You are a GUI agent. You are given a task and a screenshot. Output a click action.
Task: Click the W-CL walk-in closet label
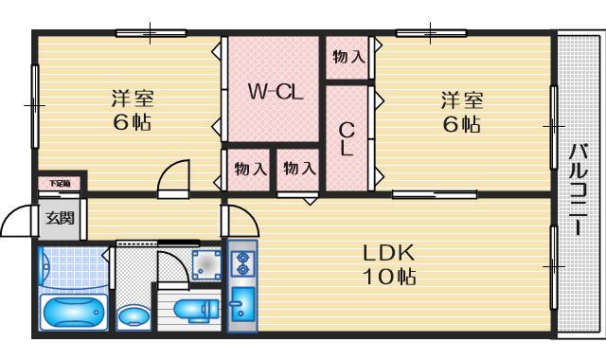pos(275,92)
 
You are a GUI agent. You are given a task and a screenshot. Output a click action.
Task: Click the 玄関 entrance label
pos(60,219)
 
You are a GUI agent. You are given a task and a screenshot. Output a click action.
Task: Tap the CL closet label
pos(347,139)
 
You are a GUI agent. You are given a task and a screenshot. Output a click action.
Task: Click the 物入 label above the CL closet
pos(348,57)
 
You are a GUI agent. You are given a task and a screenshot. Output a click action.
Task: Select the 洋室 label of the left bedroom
pos(133,98)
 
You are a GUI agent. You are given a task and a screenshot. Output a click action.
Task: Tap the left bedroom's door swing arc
pos(172,176)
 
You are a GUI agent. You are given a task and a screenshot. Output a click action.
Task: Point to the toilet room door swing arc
pos(170,267)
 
